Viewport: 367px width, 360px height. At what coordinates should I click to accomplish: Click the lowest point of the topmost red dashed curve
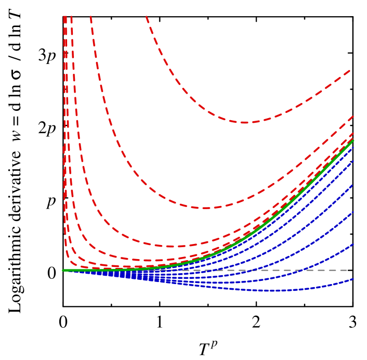click(x=244, y=122)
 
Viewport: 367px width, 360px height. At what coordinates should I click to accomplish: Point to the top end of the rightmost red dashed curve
click(x=146, y=16)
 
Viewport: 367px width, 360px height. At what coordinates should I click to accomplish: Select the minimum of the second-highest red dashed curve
click(x=205, y=208)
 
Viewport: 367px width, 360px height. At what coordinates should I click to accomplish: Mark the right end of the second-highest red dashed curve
click(x=353, y=116)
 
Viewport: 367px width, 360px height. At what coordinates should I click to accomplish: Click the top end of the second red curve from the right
click(x=90, y=16)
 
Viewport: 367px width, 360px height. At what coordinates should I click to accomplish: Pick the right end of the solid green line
click(x=353, y=140)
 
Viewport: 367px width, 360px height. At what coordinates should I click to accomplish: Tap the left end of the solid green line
click(x=63, y=271)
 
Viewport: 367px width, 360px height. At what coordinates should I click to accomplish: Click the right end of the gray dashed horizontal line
click(x=347, y=270)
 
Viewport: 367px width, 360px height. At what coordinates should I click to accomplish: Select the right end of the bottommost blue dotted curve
click(x=353, y=279)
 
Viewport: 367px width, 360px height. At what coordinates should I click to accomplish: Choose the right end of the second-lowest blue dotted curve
click(x=353, y=243)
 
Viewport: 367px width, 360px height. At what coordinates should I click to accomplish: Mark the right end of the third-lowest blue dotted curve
click(x=353, y=212)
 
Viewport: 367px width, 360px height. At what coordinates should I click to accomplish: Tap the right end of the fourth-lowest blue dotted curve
click(x=353, y=185)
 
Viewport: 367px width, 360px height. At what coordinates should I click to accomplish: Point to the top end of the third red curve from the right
click(x=71, y=16)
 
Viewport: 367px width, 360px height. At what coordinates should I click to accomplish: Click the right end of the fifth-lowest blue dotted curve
click(x=353, y=161)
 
